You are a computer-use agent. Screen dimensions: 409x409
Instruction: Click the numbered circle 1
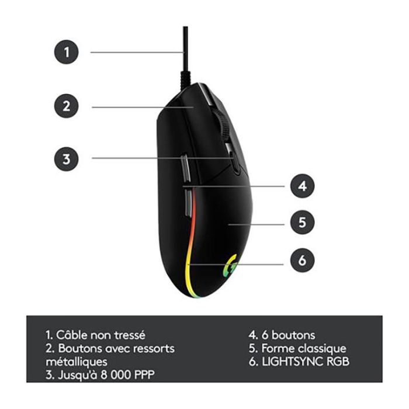pos(66,52)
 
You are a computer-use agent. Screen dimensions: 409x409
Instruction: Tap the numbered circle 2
pos(66,106)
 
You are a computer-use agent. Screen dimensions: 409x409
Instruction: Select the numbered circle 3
pos(66,159)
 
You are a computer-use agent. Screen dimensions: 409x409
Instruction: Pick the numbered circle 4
pos(302,186)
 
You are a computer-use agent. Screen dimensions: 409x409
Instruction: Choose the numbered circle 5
pos(302,222)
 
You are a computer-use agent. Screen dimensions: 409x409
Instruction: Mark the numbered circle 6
pos(302,260)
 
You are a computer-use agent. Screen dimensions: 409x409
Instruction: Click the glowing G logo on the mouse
pos(230,265)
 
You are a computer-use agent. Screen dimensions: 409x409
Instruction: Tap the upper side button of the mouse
pos(185,168)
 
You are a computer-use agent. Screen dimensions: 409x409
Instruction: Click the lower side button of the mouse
pos(188,203)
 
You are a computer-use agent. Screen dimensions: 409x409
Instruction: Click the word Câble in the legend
pos(71,335)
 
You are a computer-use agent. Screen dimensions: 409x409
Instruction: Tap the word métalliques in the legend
pos(77,362)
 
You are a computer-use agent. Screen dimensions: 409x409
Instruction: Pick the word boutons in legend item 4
pos(293,335)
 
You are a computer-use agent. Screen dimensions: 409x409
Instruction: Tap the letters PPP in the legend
pos(144,375)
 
